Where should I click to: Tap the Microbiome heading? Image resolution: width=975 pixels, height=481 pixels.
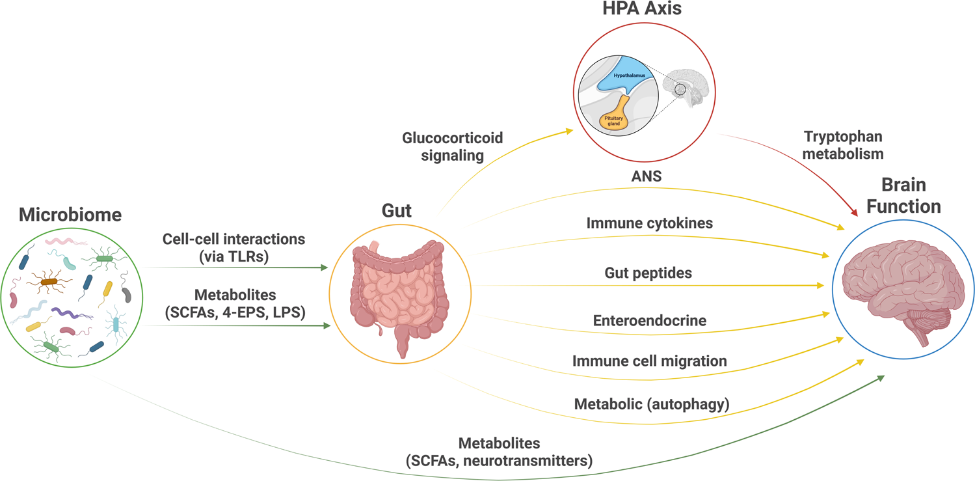pos(70,214)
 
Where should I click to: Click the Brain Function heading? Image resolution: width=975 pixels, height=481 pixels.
pos(904,195)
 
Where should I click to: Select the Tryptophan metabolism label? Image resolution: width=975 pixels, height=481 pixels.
pos(844,145)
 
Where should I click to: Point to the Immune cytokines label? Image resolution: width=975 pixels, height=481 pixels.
pos(650,223)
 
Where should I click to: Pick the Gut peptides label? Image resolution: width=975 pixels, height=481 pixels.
pos(648,273)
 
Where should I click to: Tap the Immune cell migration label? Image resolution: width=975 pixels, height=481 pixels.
pos(649,360)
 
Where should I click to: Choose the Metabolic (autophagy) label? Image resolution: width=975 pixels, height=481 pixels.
pos(652,404)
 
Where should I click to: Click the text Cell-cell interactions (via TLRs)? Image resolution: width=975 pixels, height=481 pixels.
pos(234,248)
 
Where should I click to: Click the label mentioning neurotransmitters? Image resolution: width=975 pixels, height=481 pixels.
pos(499,452)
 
